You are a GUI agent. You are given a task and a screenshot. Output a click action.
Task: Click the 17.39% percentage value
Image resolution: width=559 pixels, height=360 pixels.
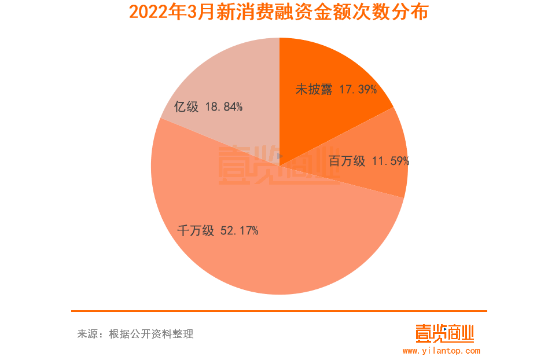click(x=358, y=90)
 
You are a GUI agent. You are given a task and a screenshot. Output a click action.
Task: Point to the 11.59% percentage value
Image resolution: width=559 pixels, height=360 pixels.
click(x=391, y=161)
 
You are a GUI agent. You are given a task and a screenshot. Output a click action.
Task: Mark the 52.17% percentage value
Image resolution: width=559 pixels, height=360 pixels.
click(x=239, y=232)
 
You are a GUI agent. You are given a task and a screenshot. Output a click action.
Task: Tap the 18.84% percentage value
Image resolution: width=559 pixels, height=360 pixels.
click(x=223, y=107)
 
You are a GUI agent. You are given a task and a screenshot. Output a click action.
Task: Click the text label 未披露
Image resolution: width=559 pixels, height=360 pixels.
click(x=314, y=90)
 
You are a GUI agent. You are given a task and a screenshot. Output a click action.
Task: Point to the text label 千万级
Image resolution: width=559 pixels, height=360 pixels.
click(x=196, y=232)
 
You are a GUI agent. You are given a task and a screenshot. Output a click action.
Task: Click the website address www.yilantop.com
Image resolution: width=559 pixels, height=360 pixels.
click(x=442, y=351)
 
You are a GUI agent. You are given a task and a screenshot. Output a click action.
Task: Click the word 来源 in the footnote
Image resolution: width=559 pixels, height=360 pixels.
click(x=87, y=334)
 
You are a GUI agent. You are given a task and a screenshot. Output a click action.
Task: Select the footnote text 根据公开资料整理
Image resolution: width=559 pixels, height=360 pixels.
click(x=151, y=334)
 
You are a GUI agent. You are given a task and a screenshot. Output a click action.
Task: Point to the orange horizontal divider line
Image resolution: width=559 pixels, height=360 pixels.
click(x=279, y=311)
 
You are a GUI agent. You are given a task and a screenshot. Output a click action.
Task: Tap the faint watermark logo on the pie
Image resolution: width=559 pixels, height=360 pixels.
click(x=272, y=165)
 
